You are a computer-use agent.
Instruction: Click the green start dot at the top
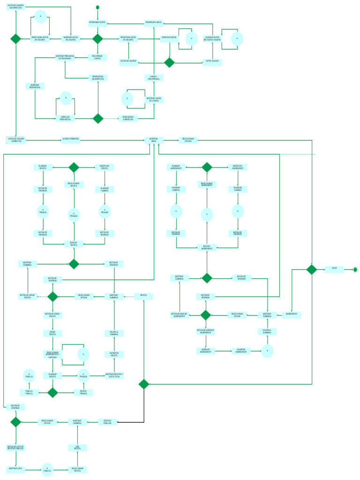click(97, 7)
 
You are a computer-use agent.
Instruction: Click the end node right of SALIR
click(355, 269)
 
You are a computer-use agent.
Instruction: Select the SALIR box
click(334, 269)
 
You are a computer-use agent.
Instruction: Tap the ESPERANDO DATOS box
click(97, 22)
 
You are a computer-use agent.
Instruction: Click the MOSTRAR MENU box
click(154, 140)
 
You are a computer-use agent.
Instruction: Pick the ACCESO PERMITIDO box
click(70, 140)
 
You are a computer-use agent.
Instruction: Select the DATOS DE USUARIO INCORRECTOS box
click(15, 7)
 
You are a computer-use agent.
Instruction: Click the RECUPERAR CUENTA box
click(97, 58)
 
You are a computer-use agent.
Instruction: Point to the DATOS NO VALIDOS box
click(128, 61)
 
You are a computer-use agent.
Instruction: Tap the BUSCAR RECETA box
click(74, 244)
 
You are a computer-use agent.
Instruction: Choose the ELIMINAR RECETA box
click(43, 167)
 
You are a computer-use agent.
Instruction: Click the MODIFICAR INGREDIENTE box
click(238, 167)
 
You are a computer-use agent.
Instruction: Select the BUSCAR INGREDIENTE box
click(207, 247)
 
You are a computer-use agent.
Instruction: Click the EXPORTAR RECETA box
click(114, 355)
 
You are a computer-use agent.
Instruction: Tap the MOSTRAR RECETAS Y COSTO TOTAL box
click(114, 375)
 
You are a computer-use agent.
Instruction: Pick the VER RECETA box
click(77, 448)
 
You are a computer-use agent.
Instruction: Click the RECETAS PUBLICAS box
click(107, 422)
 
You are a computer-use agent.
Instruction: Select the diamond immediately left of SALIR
click(312, 269)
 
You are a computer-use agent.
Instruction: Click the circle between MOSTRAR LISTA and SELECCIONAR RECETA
click(47, 469)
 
